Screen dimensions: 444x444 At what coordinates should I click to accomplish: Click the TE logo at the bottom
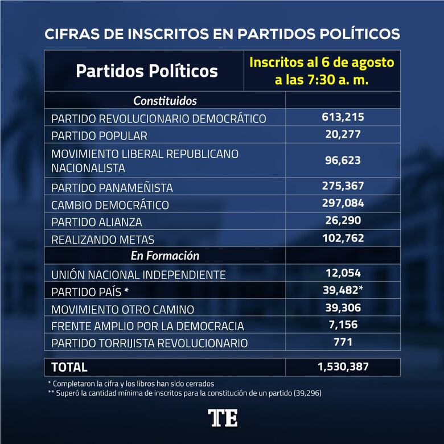tap(222, 417)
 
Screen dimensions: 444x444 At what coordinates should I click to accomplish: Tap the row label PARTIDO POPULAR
tap(99, 136)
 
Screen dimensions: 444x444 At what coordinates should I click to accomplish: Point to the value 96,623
tap(343, 161)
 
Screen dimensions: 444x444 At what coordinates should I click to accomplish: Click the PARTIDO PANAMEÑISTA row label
tap(112, 187)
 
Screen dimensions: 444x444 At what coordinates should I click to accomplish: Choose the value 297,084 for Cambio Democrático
tap(343, 203)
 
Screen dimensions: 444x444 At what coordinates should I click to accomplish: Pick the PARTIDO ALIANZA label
tap(96, 222)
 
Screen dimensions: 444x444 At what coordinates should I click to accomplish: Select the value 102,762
tap(343, 238)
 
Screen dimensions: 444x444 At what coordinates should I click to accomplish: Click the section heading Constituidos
tap(165, 101)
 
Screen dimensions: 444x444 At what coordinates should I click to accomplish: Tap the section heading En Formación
tap(165, 256)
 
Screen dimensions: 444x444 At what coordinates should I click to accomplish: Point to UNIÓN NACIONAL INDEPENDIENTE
tap(138, 274)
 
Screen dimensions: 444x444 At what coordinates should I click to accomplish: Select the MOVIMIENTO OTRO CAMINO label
tap(122, 309)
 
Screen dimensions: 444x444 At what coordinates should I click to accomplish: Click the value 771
tap(343, 342)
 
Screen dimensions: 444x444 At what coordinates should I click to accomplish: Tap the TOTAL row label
tap(69, 367)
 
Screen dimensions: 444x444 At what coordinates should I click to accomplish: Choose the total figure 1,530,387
tap(343, 367)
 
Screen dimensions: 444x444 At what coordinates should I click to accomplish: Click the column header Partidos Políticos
tap(146, 71)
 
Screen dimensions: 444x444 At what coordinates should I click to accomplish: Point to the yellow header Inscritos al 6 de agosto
tap(322, 62)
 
